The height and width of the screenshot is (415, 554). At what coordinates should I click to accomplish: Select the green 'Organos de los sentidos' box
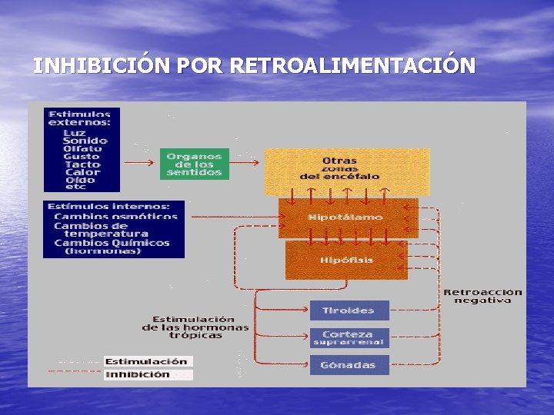click(194, 164)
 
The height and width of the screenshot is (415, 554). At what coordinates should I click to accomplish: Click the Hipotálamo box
click(345, 217)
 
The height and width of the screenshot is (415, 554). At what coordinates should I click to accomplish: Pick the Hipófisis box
click(346, 260)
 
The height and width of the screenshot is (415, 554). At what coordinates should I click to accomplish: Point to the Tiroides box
click(349, 310)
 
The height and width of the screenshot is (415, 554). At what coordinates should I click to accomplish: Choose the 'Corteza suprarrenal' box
click(349, 338)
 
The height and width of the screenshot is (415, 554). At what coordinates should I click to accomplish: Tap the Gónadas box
click(349, 365)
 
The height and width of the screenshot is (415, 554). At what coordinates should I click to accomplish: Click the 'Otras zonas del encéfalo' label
click(339, 168)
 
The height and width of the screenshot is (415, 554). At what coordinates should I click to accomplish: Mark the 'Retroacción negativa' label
click(482, 296)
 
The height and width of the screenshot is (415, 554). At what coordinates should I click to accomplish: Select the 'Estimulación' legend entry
click(146, 361)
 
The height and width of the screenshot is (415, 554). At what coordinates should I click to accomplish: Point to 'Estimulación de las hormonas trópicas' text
click(193, 327)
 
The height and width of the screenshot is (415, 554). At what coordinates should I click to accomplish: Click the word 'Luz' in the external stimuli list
click(75, 132)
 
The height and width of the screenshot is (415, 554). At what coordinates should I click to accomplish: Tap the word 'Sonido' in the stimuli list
click(85, 141)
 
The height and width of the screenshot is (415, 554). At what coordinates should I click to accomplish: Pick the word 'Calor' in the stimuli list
click(82, 171)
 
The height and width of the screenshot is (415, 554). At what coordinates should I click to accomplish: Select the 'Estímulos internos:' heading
click(108, 206)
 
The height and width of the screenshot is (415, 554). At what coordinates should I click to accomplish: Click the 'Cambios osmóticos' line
click(115, 216)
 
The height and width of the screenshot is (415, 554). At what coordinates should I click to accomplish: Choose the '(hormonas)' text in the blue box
click(103, 251)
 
